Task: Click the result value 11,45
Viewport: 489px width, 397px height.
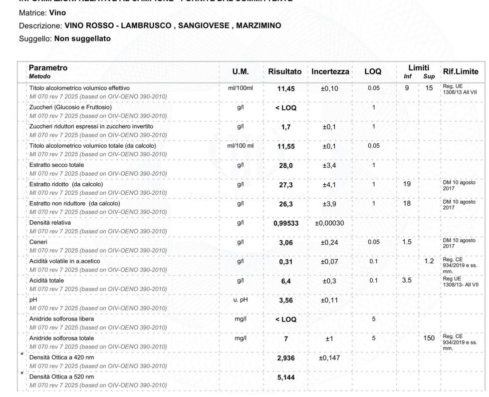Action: point(284,90)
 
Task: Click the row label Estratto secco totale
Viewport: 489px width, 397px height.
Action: point(56,164)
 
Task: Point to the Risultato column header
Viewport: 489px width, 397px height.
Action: point(284,72)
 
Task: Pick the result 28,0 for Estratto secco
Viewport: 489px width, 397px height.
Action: point(284,167)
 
